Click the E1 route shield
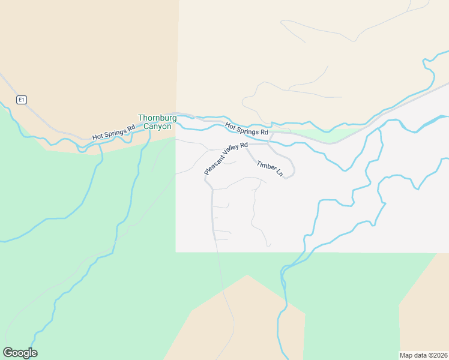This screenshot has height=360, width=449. click(22, 100)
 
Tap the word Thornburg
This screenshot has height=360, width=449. click(155, 118)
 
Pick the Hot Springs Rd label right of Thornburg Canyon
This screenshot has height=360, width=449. click(247, 128)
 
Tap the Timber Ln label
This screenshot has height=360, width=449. click(270, 169)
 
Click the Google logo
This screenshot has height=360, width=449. click(20, 353)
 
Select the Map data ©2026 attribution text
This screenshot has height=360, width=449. click(423, 355)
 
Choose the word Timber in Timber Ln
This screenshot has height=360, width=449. click(265, 166)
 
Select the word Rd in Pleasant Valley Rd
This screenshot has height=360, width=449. click(244, 146)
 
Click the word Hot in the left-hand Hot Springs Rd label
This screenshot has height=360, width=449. click(98, 137)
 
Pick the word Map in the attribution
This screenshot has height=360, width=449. click(406, 355)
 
